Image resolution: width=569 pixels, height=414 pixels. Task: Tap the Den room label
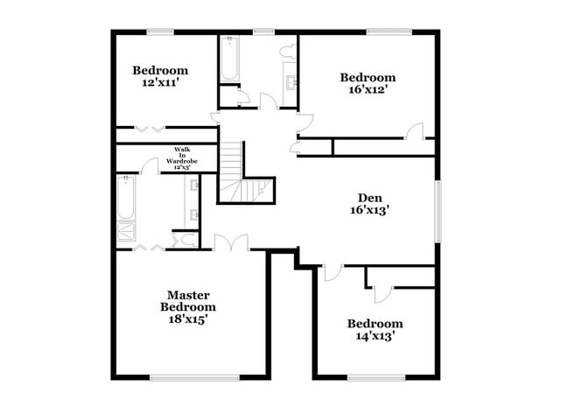point(369,198)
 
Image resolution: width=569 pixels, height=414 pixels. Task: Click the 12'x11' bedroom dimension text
point(160,84)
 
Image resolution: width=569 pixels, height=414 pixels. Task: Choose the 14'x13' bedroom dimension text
point(375,336)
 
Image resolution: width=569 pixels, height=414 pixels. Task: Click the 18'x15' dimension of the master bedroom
point(188,319)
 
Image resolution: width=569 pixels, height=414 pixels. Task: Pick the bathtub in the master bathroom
point(126,198)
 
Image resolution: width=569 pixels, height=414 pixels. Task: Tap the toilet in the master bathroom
point(185,238)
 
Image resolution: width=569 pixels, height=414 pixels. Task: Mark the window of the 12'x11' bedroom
point(160,32)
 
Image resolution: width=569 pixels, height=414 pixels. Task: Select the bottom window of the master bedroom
point(194,378)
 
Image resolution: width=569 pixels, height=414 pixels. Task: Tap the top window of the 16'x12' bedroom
point(389,32)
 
